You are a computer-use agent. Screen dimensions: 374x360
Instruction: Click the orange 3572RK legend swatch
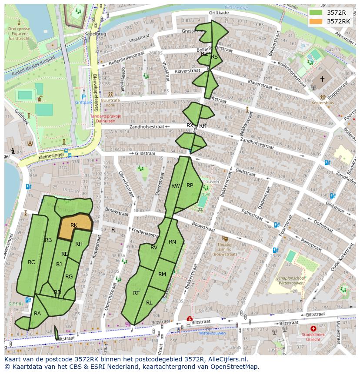316,21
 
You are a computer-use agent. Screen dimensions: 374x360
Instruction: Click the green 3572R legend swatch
316,12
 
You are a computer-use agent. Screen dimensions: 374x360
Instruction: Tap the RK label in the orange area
74,225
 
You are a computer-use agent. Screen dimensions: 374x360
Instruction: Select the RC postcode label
31,262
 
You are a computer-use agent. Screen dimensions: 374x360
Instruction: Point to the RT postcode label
136,293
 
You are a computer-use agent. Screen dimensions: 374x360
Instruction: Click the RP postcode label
190,185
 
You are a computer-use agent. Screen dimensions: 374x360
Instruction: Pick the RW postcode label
175,186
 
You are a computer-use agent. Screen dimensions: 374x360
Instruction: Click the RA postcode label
37,313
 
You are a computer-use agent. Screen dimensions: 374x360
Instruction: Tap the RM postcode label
162,275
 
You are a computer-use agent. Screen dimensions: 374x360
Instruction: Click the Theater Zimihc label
225,247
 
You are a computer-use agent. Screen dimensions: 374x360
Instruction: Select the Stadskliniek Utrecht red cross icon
313,329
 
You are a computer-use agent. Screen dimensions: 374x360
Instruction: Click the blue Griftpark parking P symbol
83,97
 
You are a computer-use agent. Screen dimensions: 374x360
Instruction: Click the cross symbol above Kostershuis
322,79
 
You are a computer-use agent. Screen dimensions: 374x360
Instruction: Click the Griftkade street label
219,13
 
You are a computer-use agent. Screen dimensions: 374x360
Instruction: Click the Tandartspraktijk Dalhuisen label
106,119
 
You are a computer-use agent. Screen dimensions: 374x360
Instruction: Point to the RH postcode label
79,244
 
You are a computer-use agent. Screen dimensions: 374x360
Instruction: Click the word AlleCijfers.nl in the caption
226,359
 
